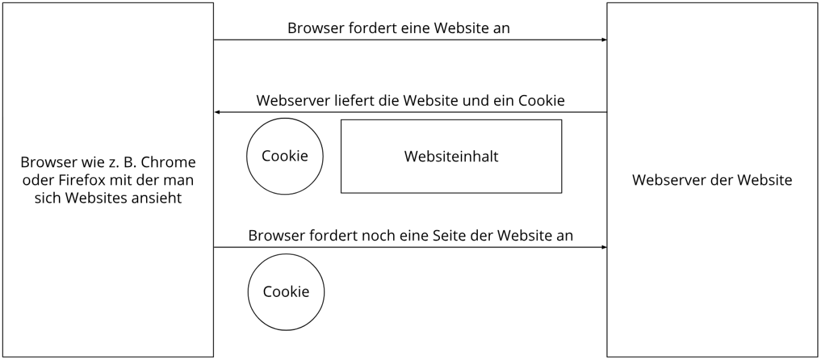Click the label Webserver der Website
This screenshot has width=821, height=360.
pos(712,180)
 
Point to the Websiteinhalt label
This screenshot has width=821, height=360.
pos(451,156)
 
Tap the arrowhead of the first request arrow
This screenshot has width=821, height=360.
pos(605,40)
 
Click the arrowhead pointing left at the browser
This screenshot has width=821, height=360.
pos(216,112)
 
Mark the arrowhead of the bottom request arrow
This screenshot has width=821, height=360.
pos(605,248)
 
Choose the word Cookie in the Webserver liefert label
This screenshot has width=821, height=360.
pos(542,101)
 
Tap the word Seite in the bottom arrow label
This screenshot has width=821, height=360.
pos(450,236)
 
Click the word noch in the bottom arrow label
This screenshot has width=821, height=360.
pos(378,236)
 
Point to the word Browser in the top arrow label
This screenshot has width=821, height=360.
pos(316,28)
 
